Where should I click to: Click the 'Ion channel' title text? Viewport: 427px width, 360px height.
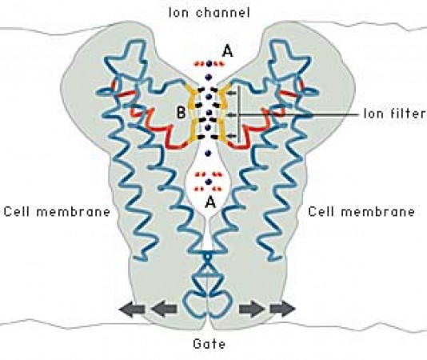point(210,13)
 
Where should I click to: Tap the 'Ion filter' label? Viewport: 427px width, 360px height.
point(395,113)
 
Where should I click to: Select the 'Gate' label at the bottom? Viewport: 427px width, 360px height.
point(210,344)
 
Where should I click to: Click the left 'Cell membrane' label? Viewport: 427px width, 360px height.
point(57,212)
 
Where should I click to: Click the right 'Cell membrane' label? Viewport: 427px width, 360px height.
point(361,212)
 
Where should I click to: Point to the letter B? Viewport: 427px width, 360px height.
point(181,112)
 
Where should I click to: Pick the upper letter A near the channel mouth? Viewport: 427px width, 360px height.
point(228,51)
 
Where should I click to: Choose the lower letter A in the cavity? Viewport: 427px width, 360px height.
point(210,202)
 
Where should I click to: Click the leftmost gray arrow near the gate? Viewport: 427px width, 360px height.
point(132,309)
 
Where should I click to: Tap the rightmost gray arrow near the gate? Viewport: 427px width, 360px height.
point(283,309)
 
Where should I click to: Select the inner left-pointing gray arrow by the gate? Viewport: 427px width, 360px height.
point(164,309)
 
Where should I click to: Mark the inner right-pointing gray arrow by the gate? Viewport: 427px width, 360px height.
point(252,309)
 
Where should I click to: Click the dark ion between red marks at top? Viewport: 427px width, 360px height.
point(209,64)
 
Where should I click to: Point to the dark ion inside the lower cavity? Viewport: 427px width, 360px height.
point(209,182)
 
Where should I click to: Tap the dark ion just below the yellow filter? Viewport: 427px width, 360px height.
point(209,154)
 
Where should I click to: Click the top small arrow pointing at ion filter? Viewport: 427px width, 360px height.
point(231,94)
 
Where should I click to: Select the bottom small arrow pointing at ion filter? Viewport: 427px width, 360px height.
point(231,135)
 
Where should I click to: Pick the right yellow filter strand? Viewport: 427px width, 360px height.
point(225,113)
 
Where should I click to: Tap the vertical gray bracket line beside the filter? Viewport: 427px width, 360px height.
point(239,114)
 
